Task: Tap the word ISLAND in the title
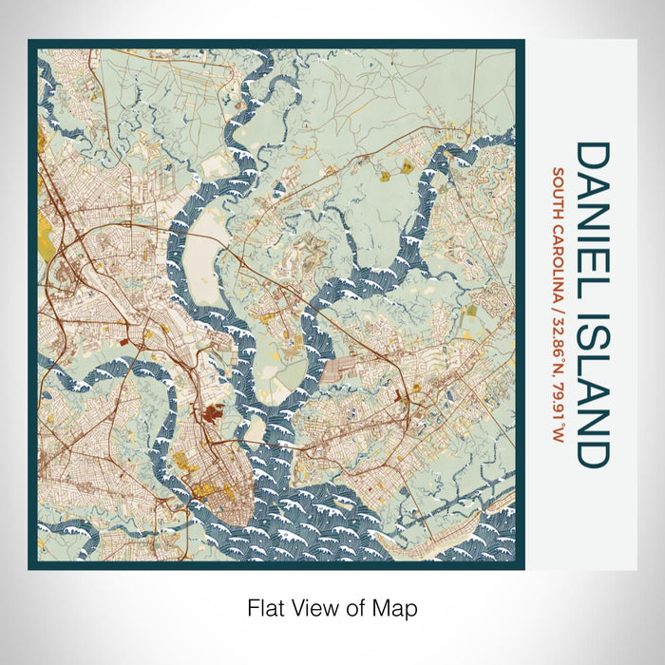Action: tap(591, 385)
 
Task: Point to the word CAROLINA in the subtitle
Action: tap(560, 258)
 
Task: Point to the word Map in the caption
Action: tap(398, 606)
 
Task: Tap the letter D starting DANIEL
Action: tap(591, 156)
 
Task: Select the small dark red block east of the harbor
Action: tap(403, 392)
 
